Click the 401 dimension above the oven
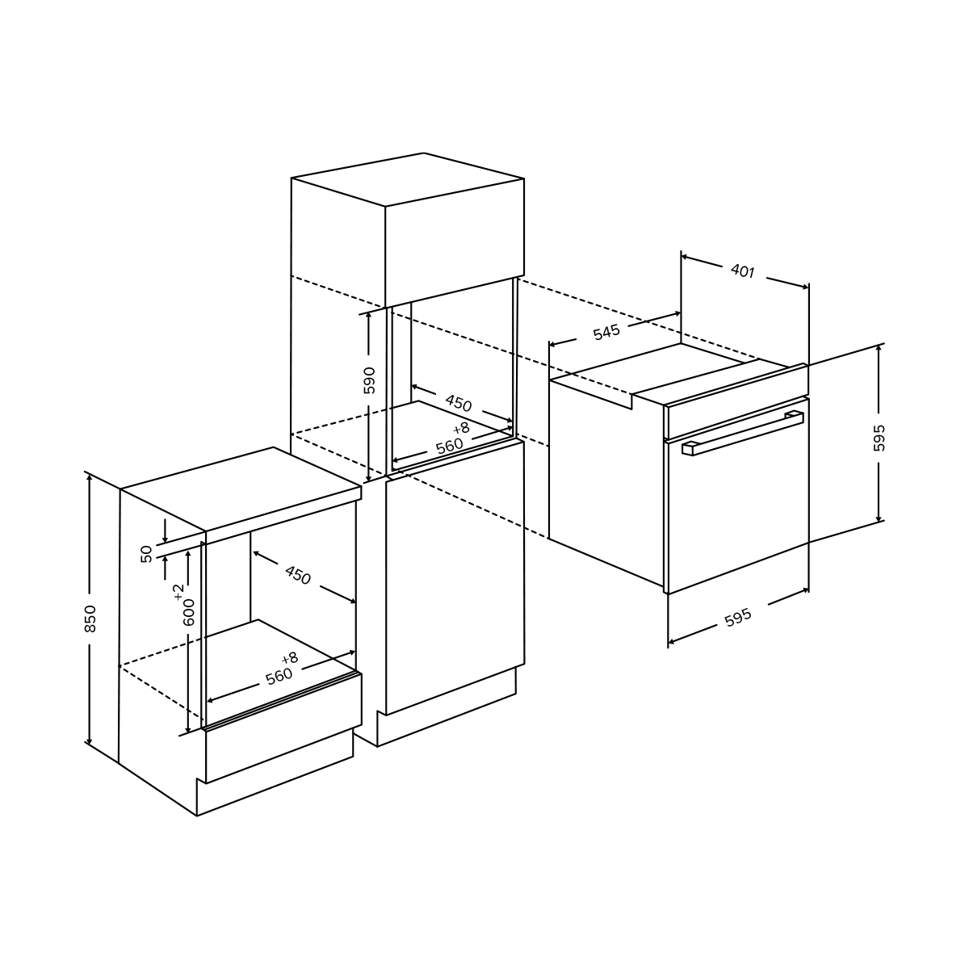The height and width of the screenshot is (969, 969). click(743, 271)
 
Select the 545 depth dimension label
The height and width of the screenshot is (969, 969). click(606, 332)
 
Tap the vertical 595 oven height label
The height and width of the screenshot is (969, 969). click(879, 438)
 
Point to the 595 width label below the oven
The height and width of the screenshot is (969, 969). click(738, 618)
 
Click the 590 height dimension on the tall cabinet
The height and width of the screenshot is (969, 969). click(370, 380)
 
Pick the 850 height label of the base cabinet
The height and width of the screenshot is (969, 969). click(90, 619)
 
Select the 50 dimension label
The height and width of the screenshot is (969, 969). click(146, 554)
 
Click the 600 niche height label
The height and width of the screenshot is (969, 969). click(189, 612)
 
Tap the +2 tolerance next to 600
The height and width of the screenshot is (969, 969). click(178, 593)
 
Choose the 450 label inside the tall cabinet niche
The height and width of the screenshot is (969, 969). click(458, 403)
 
